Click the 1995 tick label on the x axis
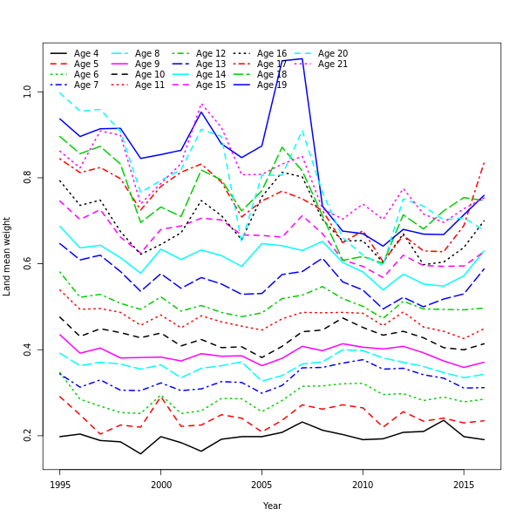(60, 484)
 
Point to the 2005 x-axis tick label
(261, 484)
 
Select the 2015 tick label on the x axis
(463, 484)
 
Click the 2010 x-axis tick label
(362, 484)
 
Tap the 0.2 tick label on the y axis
(27, 435)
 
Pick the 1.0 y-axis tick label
(27, 91)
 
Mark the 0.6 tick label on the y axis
(27, 263)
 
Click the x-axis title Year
(272, 506)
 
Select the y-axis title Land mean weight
(8, 256)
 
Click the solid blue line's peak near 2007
(302, 58)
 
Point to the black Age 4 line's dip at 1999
(140, 453)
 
